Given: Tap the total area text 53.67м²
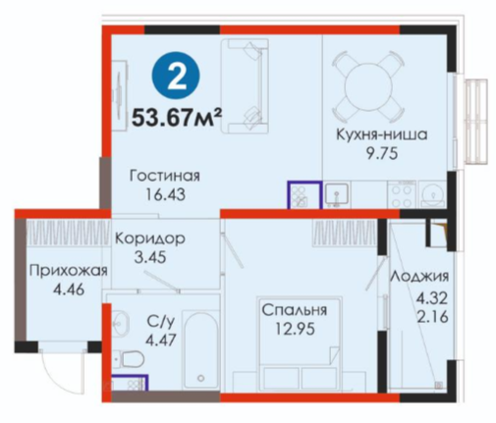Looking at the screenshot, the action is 177,117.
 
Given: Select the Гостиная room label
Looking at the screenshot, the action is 165,177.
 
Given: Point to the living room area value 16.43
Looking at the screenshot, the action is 165,194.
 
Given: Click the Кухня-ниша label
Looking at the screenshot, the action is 382,134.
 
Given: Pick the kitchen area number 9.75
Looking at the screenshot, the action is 382,153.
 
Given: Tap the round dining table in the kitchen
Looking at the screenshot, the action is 367,86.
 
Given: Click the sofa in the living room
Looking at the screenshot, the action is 245,85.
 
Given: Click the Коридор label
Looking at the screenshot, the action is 150,238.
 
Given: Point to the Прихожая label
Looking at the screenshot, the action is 69,271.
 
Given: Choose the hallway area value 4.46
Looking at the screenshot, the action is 69,290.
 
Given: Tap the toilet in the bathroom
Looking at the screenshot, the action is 129,359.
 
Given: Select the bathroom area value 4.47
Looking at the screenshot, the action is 161,340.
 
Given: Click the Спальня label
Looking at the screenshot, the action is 295,310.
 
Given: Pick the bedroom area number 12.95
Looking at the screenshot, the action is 295,329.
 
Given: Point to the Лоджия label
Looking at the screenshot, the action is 419,277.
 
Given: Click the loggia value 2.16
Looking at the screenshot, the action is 432,317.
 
